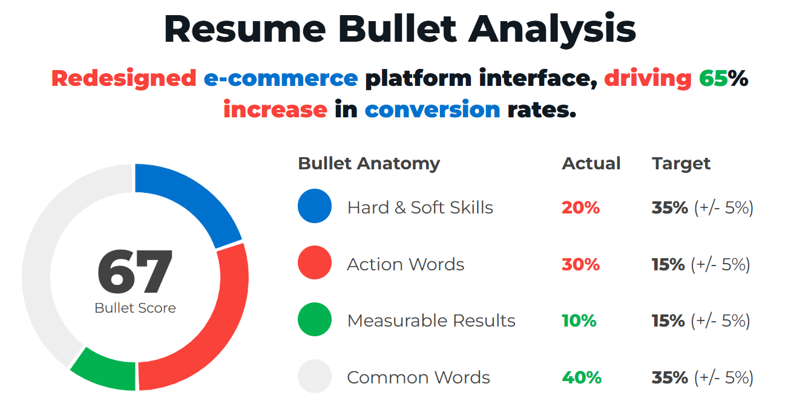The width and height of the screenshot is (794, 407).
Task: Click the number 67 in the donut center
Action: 135,272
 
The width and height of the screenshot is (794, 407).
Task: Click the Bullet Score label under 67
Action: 135,308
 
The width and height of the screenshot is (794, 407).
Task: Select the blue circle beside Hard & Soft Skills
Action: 315,206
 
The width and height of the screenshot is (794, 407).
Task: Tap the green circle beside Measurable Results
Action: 315,319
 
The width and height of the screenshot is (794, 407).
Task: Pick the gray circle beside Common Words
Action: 315,376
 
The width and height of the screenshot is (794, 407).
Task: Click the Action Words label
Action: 405,264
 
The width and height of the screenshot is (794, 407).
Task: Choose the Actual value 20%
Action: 580,207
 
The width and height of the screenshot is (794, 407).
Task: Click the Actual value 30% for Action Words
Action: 580,264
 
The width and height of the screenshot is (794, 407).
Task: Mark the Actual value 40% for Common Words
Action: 582,377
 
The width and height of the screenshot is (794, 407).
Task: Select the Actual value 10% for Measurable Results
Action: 579,321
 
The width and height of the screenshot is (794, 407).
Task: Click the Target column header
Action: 681,164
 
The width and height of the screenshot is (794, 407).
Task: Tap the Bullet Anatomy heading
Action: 369,164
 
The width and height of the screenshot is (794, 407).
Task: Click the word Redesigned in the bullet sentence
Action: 123,79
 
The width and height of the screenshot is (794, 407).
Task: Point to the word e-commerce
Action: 281,79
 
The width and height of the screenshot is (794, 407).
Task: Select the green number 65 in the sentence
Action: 713,78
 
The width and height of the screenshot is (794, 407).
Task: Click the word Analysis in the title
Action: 552,29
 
